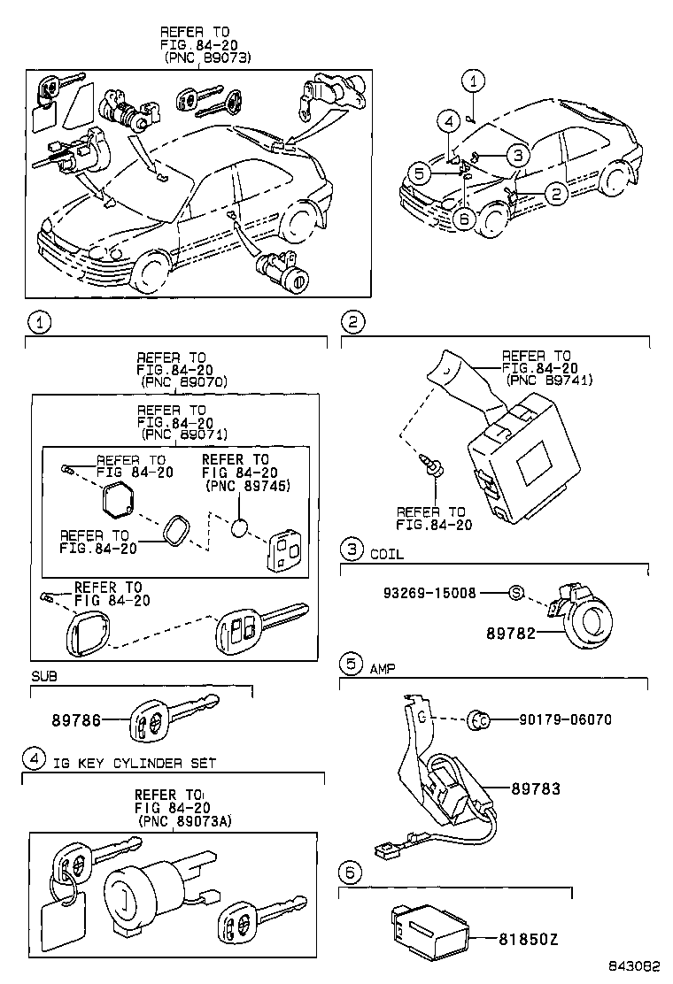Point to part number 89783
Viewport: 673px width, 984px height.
point(535,788)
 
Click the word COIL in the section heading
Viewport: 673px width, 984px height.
point(386,554)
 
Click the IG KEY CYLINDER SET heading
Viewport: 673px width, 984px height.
point(134,763)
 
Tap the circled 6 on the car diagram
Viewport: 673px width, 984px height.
point(460,220)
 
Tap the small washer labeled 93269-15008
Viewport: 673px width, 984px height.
point(515,592)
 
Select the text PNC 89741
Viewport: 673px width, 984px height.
point(549,381)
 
